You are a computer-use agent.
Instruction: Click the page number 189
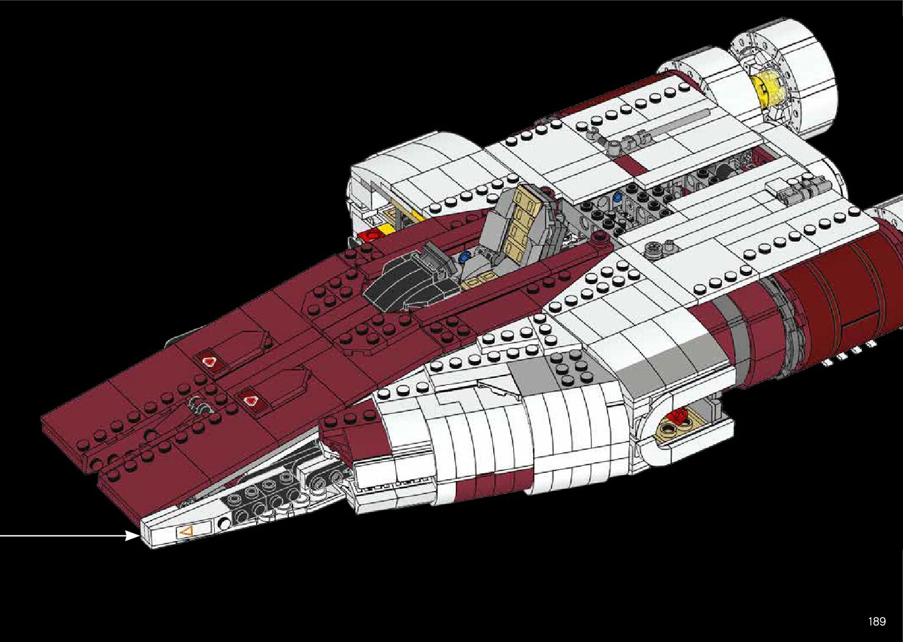tap(876, 621)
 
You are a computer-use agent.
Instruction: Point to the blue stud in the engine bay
tap(618, 195)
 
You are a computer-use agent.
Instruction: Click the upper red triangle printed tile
tap(208, 361)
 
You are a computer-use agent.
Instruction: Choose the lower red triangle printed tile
tap(249, 400)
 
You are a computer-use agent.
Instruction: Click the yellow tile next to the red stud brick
tap(386, 229)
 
